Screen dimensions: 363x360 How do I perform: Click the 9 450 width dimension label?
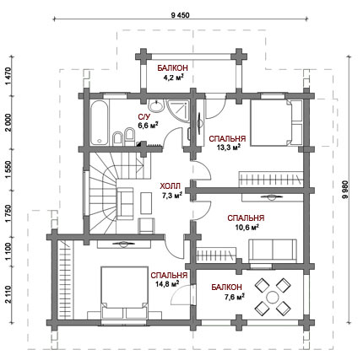180,15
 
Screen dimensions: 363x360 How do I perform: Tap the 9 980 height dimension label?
345,190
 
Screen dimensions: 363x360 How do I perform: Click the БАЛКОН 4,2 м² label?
172,73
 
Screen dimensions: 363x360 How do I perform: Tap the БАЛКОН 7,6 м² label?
227,292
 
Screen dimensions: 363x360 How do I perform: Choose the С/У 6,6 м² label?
148,121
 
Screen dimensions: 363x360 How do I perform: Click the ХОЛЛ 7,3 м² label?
171,191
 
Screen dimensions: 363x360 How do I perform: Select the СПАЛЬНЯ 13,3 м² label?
227,143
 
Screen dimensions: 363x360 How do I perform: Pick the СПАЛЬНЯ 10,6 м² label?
246,223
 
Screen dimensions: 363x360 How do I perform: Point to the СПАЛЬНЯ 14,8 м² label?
169,279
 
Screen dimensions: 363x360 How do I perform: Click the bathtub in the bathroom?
99,122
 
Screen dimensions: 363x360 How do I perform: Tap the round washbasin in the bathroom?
155,106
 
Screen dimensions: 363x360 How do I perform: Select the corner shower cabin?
178,111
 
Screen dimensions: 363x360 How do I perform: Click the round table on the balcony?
272,297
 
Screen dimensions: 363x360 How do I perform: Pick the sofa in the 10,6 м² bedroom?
273,251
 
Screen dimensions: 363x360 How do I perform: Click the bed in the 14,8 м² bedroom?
125,293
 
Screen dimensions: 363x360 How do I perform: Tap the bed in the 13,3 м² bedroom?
277,122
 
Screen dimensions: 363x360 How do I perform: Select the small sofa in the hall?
125,204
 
